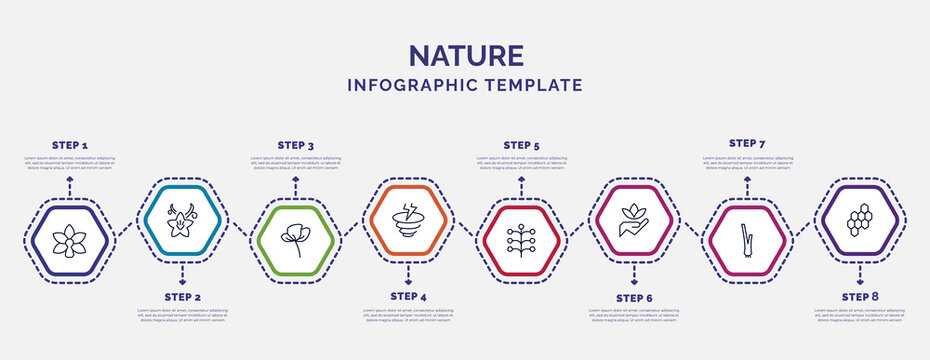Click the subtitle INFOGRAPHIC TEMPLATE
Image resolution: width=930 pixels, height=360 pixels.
tap(465, 86)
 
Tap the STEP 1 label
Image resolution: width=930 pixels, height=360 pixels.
tap(70, 145)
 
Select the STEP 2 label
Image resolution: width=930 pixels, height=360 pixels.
tap(182, 297)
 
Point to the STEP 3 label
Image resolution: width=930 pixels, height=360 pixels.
tap(295, 145)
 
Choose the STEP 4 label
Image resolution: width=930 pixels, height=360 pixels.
tap(408, 297)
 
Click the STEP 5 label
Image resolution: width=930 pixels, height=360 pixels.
tap(521, 145)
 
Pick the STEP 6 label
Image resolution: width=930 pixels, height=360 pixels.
tap(634, 297)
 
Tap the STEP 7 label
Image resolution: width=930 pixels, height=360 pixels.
tap(747, 143)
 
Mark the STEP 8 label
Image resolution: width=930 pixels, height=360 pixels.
tap(860, 297)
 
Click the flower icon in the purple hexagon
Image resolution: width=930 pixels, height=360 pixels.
tap(70, 241)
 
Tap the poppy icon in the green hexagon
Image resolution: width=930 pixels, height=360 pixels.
tap(295, 241)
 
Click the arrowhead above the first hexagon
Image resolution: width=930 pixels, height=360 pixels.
tap(70, 181)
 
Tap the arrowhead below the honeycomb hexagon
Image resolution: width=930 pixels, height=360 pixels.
tap(860, 280)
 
